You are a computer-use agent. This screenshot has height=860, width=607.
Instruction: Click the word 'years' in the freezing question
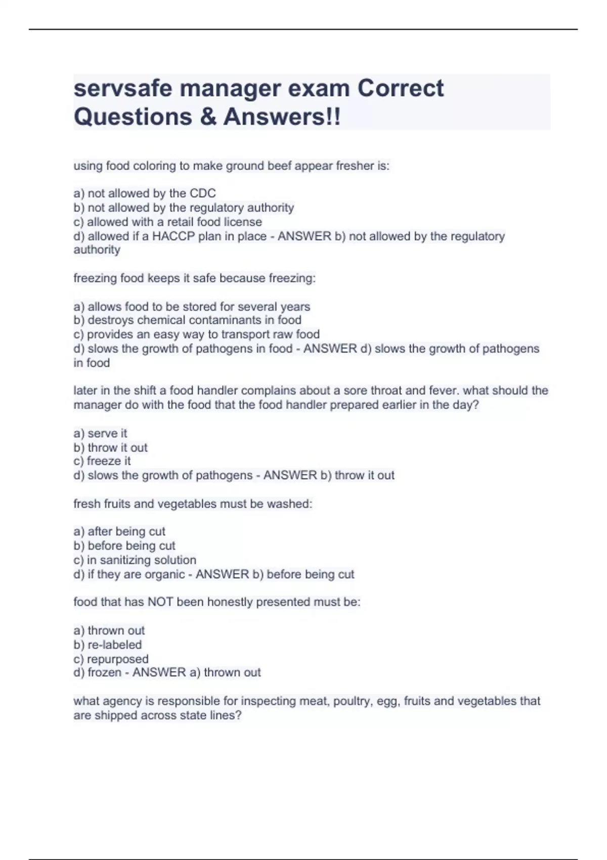tap(295, 307)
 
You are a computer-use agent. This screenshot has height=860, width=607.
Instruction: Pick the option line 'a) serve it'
tap(100, 434)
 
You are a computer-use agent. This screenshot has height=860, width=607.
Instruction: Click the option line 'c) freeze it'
tap(102, 461)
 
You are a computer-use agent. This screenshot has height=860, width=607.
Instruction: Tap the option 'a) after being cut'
tap(119, 532)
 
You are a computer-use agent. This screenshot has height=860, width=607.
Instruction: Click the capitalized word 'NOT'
tap(159, 602)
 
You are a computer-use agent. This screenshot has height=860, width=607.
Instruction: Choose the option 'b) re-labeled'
tap(107, 645)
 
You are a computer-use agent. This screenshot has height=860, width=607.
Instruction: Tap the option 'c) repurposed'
tap(111, 659)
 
